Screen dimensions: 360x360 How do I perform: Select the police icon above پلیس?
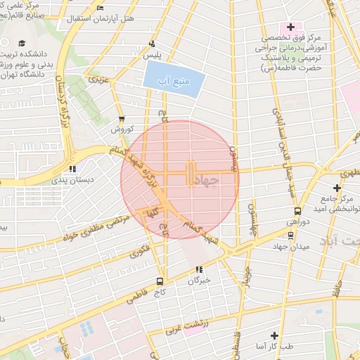point(153,44)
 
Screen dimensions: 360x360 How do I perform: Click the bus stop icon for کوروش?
point(122,119)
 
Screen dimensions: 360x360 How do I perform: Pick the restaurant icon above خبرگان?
point(200,269)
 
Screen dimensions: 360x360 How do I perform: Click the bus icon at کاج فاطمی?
point(160,279)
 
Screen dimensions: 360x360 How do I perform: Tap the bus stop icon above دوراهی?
point(297,210)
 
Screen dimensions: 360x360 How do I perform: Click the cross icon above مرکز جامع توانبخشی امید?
point(337,188)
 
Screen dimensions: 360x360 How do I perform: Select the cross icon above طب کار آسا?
point(275,336)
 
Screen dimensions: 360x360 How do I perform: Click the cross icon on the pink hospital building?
point(290,27)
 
